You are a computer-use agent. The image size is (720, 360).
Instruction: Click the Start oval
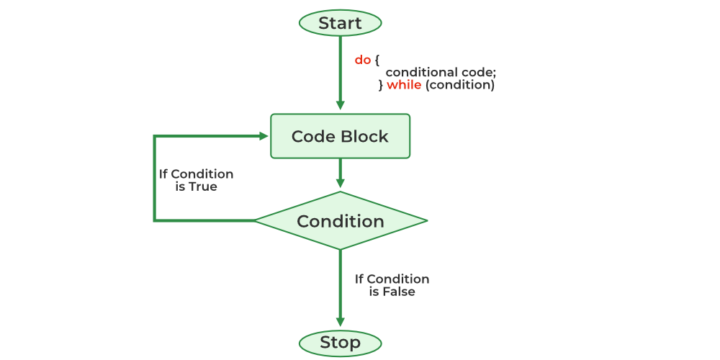coord(340,23)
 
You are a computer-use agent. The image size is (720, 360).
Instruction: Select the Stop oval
coord(340,342)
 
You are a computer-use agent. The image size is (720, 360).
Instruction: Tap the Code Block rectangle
coord(340,136)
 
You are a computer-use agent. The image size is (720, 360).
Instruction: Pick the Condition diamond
coord(340,220)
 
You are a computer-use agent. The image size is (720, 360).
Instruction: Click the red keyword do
coord(362,60)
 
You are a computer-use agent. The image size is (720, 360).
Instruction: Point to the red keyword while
coord(403,85)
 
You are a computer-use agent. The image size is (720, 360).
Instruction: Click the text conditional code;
coord(441,72)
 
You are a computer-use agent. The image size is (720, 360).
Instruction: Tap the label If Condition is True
coord(196,180)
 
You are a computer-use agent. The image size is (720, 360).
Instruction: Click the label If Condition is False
coord(392,285)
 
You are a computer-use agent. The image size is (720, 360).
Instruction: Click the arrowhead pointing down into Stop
coord(340,323)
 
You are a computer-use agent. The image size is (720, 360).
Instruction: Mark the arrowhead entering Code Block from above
coord(340,107)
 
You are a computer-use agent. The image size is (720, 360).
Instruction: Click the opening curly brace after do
coord(377,60)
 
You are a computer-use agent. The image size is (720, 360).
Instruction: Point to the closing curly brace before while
coord(382,85)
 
